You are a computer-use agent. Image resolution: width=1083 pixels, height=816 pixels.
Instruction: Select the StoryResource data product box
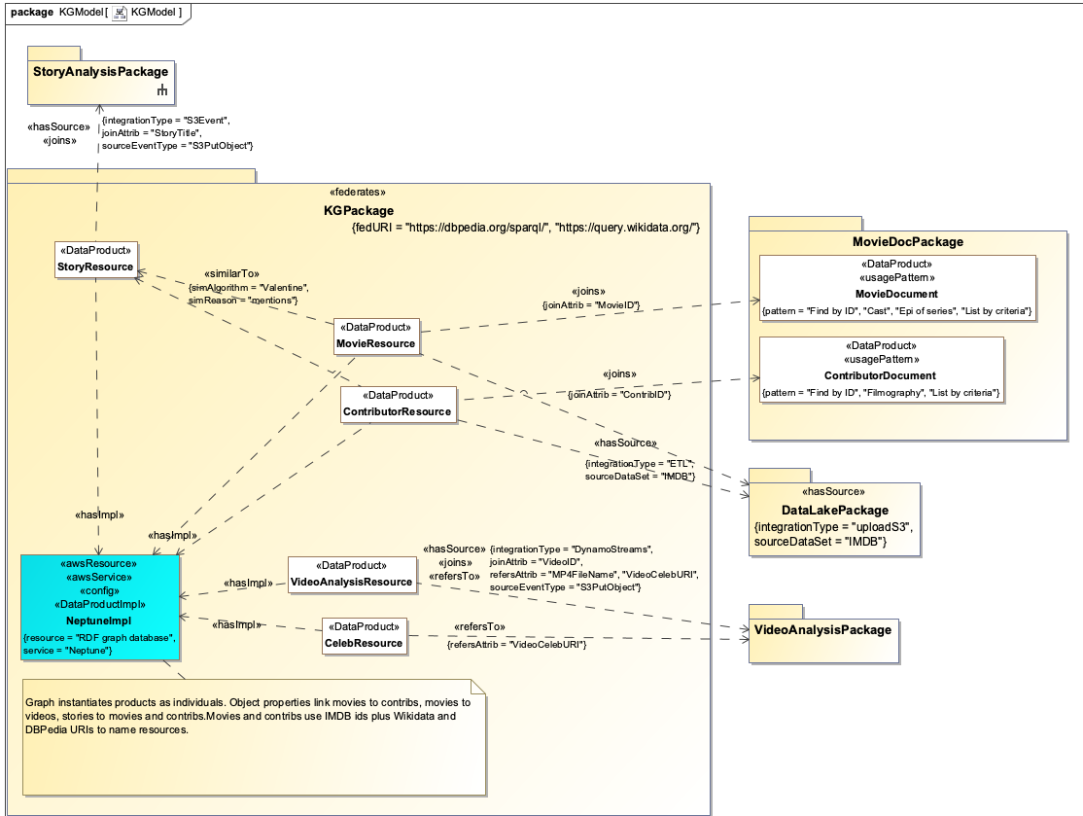pyautogui.click(x=94, y=260)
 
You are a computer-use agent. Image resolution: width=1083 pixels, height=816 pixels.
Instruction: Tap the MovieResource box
pyautogui.click(x=376, y=336)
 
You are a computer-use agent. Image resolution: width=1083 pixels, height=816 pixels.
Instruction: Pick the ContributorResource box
pyautogui.click(x=398, y=404)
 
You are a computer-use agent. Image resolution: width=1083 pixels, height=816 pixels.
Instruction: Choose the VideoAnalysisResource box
pyautogui.click(x=352, y=574)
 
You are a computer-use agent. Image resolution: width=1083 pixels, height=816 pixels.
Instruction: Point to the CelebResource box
pyautogui.click(x=363, y=635)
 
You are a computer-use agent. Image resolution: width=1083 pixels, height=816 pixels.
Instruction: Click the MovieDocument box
pyautogui.click(x=896, y=289)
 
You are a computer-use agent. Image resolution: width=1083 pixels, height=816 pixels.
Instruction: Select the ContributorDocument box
pyautogui.click(x=881, y=370)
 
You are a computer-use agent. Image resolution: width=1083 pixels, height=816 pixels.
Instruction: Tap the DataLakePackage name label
pyautogui.click(x=835, y=511)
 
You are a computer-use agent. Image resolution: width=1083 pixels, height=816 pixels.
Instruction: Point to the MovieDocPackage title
pyautogui.click(x=900, y=242)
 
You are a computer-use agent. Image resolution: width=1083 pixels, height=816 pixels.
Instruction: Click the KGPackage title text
pyautogui.click(x=359, y=210)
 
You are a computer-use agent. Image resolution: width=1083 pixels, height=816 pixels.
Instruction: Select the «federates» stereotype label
pyautogui.click(x=359, y=193)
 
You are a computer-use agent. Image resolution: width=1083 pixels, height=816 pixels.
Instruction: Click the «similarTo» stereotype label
pyautogui.click(x=231, y=274)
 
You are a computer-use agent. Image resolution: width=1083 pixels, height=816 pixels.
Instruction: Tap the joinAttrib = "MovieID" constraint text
pyautogui.click(x=590, y=305)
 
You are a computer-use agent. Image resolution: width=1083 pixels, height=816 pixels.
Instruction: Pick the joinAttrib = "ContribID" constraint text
pyautogui.click(x=619, y=394)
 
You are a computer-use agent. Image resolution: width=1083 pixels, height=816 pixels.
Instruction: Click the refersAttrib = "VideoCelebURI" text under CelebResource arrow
pyautogui.click(x=516, y=645)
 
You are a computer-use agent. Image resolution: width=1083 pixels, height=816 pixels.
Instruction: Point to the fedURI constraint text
pyautogui.click(x=525, y=228)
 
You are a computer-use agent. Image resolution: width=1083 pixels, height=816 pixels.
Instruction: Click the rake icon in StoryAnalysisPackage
pyautogui.click(x=162, y=91)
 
